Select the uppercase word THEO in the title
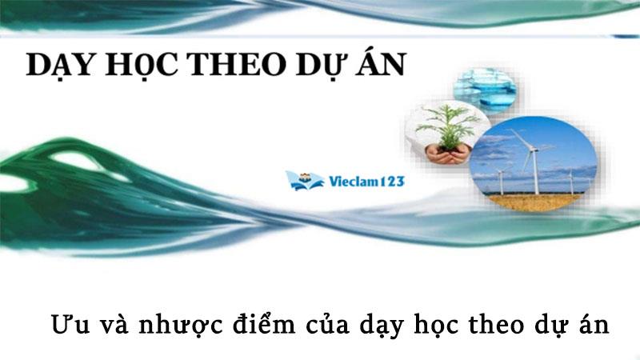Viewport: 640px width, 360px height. (240, 65)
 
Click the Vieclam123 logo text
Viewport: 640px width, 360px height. (366, 182)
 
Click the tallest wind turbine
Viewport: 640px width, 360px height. (531, 160)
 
